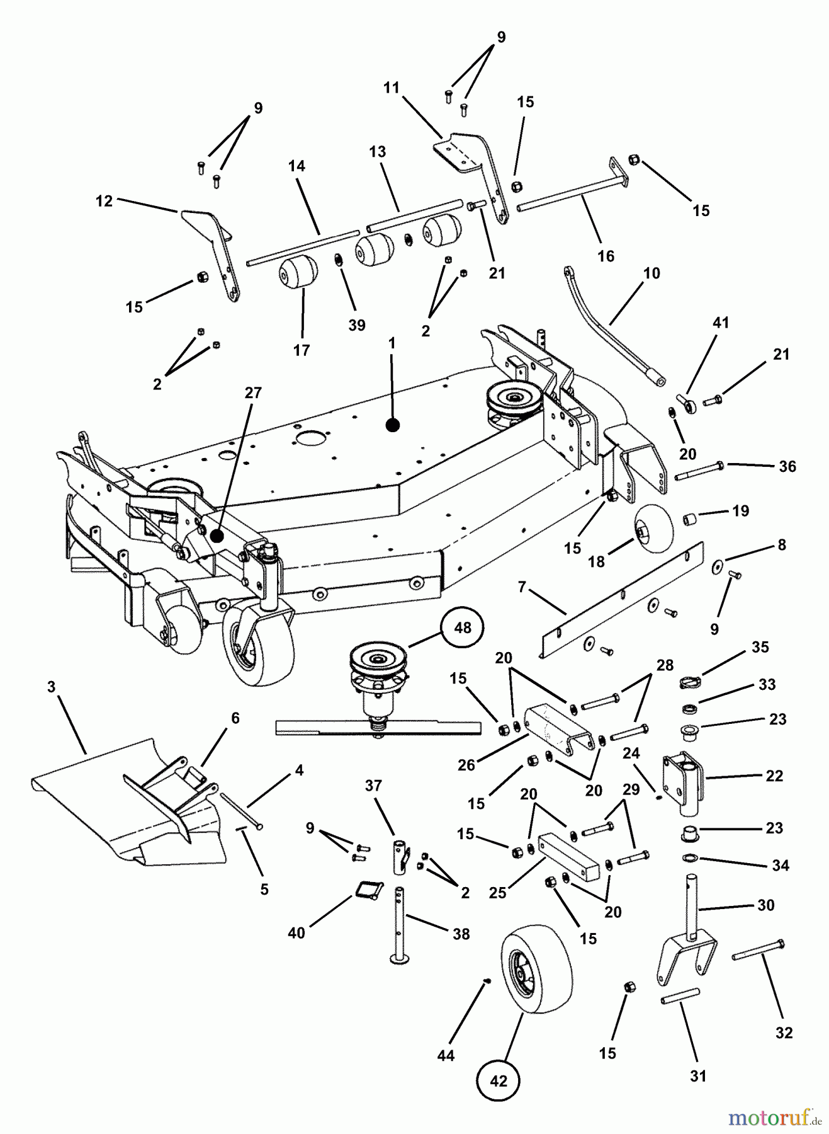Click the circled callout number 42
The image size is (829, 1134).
coord(499,1080)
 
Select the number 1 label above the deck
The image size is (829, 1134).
coord(392,343)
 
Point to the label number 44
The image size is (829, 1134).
coord(446,1055)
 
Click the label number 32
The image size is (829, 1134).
coord(784,1033)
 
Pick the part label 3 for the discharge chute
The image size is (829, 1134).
coord(52,686)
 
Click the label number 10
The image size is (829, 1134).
coord(651,273)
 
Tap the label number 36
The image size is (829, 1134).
coord(787,466)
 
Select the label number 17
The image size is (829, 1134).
coord(302,350)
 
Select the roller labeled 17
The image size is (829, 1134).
coord(298,272)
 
